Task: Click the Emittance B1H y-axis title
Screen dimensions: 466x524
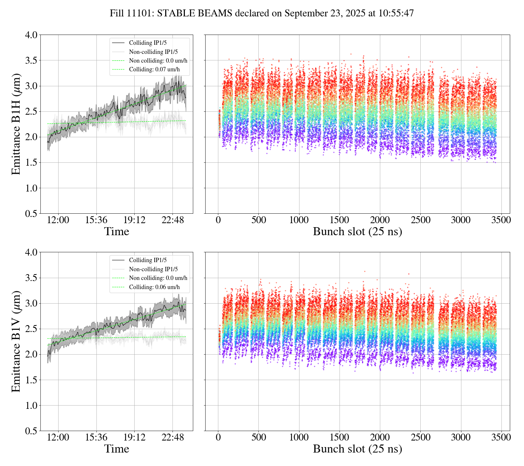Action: (x=16, y=124)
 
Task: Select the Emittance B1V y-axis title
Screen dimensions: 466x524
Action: (x=16, y=341)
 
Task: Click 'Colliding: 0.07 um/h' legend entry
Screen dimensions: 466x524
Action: (x=154, y=69)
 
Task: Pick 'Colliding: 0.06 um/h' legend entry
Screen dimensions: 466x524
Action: (x=154, y=287)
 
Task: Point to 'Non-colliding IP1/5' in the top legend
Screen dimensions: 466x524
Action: (x=153, y=52)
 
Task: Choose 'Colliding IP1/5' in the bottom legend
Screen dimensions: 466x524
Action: (x=148, y=260)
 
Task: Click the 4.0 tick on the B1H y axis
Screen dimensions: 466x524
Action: (x=31, y=35)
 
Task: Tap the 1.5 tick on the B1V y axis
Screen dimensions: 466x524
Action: (x=31, y=380)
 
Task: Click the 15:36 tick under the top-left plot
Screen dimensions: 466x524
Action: (x=96, y=220)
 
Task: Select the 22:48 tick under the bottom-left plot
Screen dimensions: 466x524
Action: (x=172, y=438)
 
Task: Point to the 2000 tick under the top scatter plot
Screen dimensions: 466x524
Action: (x=380, y=220)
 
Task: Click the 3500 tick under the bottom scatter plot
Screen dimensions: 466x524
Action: (x=501, y=438)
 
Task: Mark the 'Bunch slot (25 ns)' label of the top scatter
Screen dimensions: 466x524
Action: (x=357, y=232)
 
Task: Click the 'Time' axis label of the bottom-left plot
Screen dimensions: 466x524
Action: (x=116, y=449)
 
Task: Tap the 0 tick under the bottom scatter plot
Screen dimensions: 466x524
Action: (x=218, y=438)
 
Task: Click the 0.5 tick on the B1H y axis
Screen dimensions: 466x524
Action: (x=31, y=214)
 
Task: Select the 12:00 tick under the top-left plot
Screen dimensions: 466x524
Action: (x=58, y=220)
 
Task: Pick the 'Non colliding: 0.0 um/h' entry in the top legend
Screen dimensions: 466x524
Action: (x=158, y=60)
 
